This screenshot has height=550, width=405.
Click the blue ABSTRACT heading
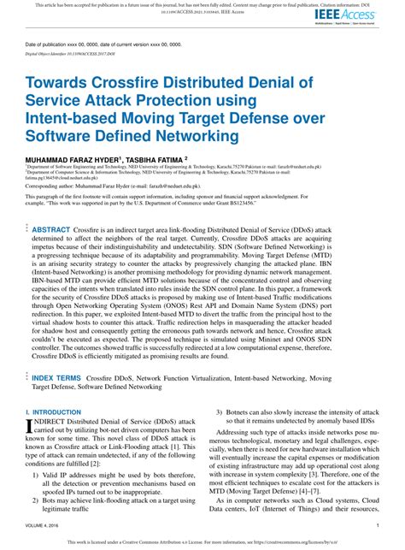click(x=51, y=230)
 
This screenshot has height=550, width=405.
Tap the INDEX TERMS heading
click(x=56, y=377)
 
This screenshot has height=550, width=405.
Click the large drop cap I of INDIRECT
click(x=32, y=425)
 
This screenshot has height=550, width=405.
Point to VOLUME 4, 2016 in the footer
click(x=44, y=525)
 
